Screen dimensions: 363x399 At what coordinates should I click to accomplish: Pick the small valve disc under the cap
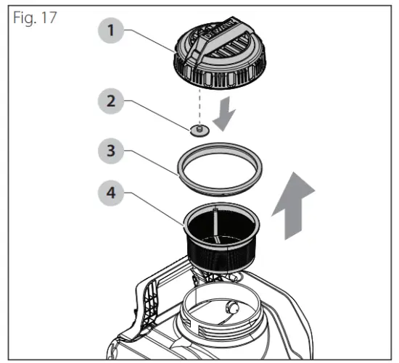click(199, 130)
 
